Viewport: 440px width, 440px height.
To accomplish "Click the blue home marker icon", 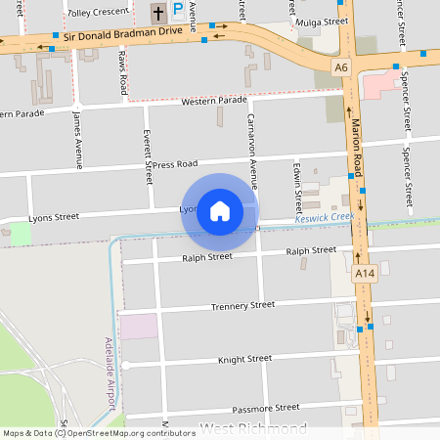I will point(219,211).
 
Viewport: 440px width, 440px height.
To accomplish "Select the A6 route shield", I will point(340,67).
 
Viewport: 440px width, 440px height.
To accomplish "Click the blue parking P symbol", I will point(178,11).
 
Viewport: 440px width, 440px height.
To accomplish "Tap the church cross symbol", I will point(158,13).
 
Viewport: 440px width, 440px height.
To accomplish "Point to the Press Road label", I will point(175,163).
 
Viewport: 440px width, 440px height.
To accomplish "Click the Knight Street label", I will point(244,359).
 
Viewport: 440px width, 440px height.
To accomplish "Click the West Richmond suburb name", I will point(253,429).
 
